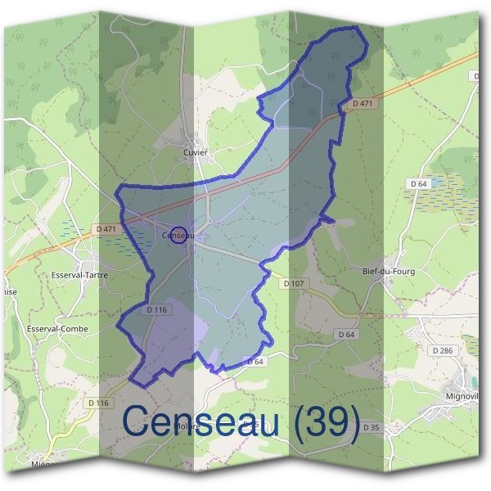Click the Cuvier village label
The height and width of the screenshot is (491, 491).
(196, 152)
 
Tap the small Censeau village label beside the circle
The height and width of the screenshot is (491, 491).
(177, 236)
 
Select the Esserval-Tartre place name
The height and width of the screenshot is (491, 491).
(79, 275)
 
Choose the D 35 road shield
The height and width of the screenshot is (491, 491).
(371, 427)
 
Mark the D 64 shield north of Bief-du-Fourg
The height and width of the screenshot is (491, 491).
(418, 184)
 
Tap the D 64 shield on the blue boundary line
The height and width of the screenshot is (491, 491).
(255, 361)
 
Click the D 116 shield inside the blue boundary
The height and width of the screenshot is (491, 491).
(157, 310)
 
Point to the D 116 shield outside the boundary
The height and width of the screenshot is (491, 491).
(98, 403)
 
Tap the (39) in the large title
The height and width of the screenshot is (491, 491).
(327, 422)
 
